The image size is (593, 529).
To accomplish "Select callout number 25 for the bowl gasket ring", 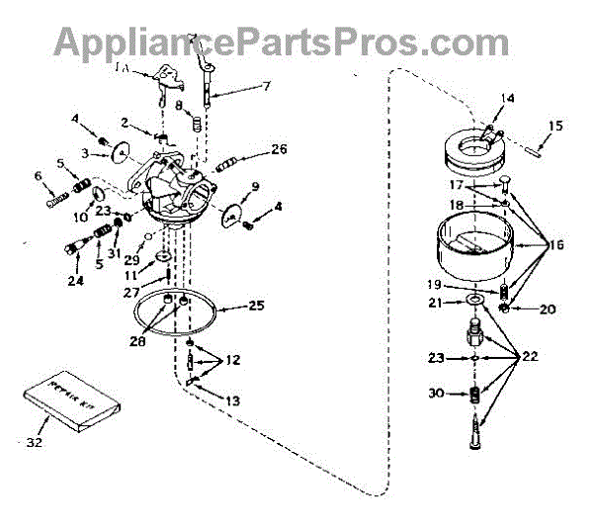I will [x=255, y=306].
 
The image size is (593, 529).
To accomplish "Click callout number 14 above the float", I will [x=508, y=98].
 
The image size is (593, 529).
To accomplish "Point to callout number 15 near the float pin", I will [x=554, y=126].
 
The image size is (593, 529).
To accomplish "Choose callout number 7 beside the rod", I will [x=266, y=87].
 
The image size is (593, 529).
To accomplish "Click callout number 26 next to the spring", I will [x=279, y=150].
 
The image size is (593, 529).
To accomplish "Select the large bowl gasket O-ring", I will [x=178, y=314].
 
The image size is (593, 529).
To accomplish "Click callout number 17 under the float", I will [x=457, y=184].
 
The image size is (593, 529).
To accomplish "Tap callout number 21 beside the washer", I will [x=435, y=304].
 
